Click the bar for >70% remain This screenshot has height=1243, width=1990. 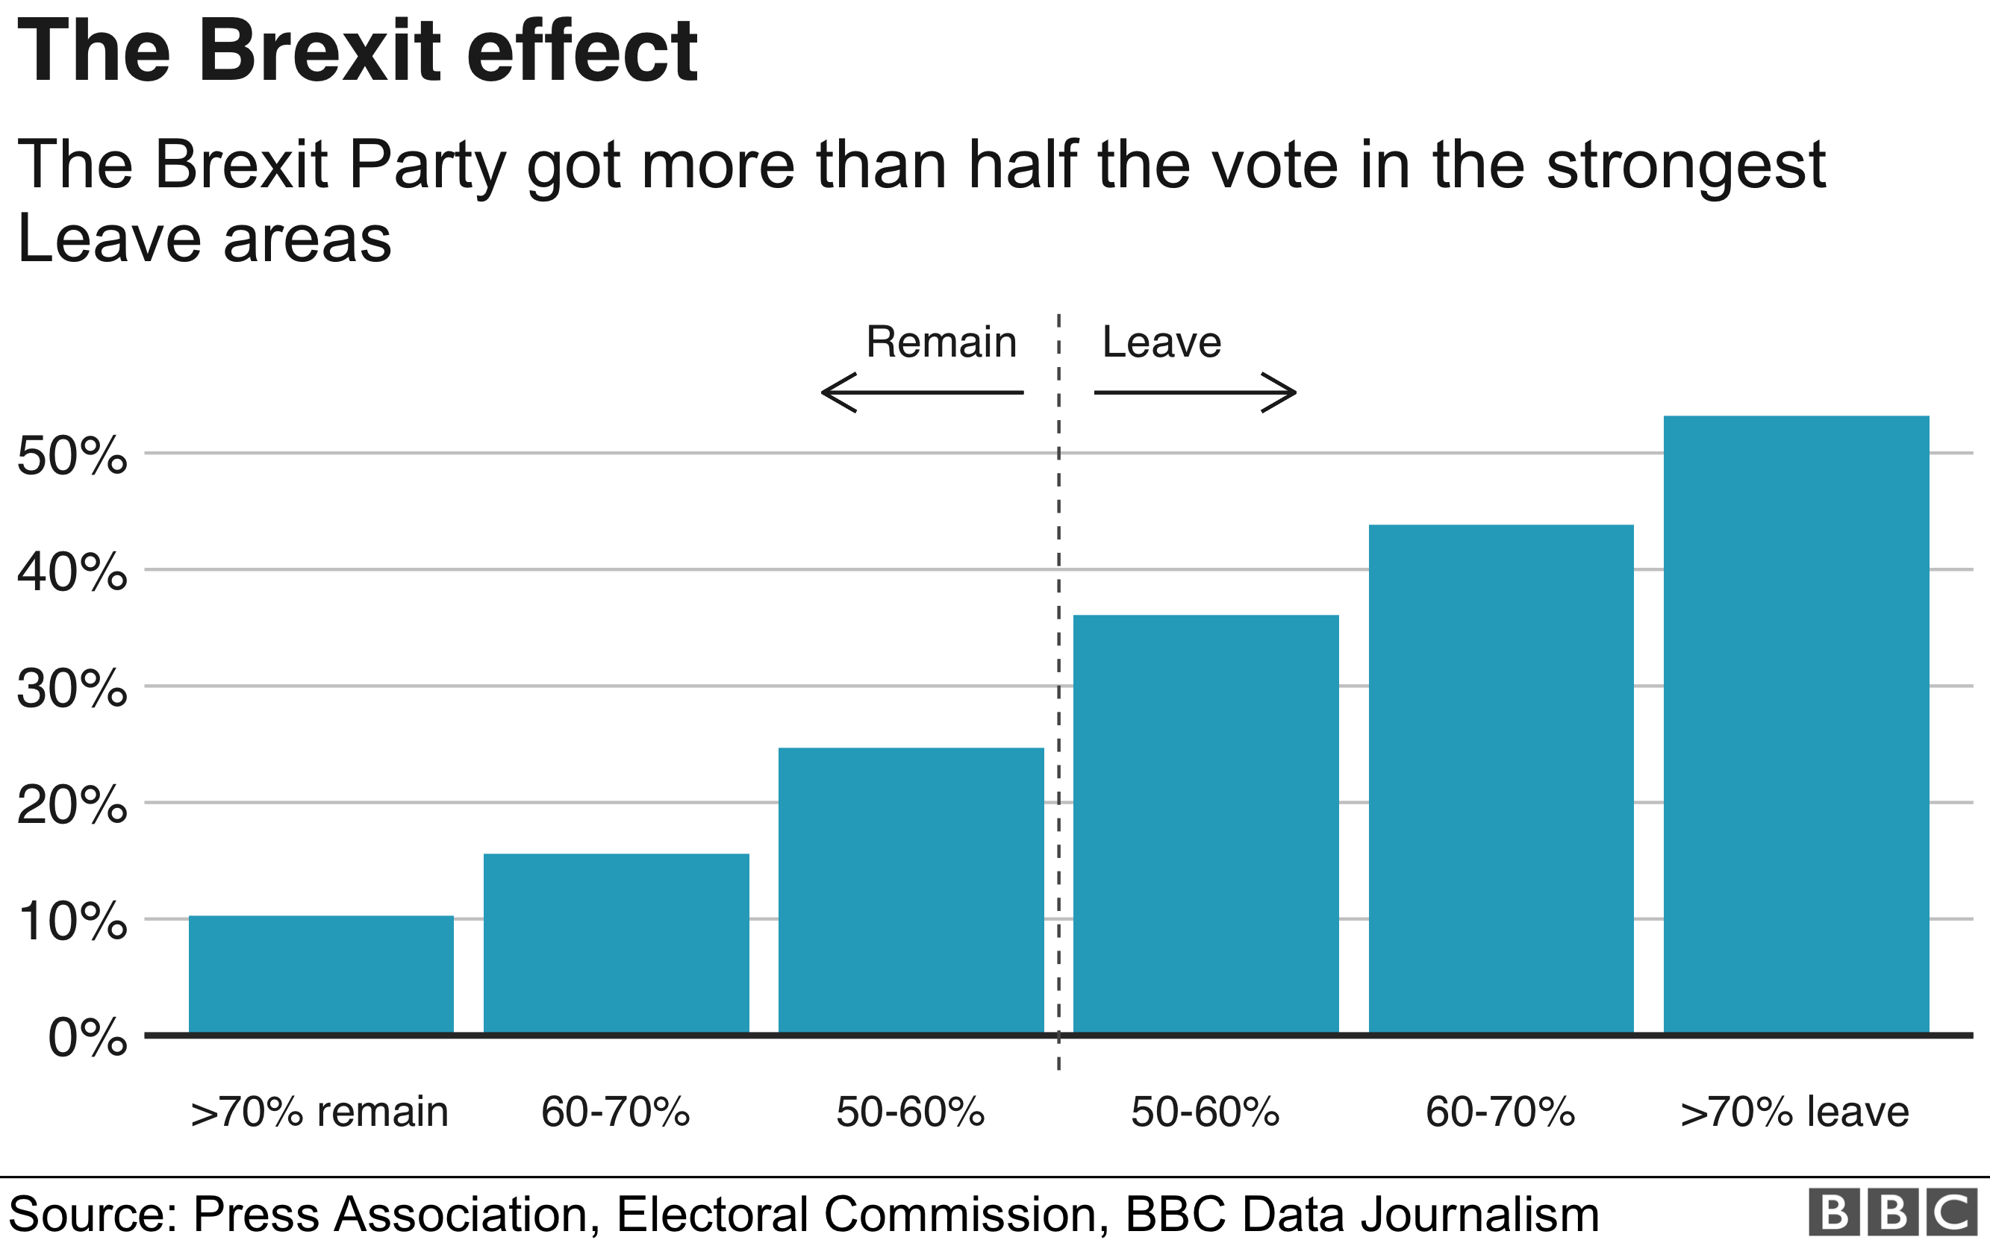[x=321, y=974]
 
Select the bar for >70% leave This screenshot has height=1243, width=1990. [x=1796, y=724]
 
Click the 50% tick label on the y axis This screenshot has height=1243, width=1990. [x=72, y=455]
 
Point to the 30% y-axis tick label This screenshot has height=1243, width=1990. [x=72, y=689]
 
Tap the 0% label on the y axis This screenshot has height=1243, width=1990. [x=87, y=1038]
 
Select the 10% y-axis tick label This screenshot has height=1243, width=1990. [x=72, y=921]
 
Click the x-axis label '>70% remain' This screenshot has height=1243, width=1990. [x=319, y=1112]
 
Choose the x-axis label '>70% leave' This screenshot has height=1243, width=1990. [x=1794, y=1112]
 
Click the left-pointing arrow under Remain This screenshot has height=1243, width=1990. [x=921, y=392]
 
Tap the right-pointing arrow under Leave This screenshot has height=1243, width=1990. [x=1196, y=392]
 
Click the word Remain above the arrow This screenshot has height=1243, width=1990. [x=941, y=342]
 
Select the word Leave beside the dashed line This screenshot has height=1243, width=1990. [x=1161, y=342]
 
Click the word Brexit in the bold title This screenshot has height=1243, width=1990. [x=321, y=51]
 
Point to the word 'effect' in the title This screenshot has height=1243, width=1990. [x=582, y=51]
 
